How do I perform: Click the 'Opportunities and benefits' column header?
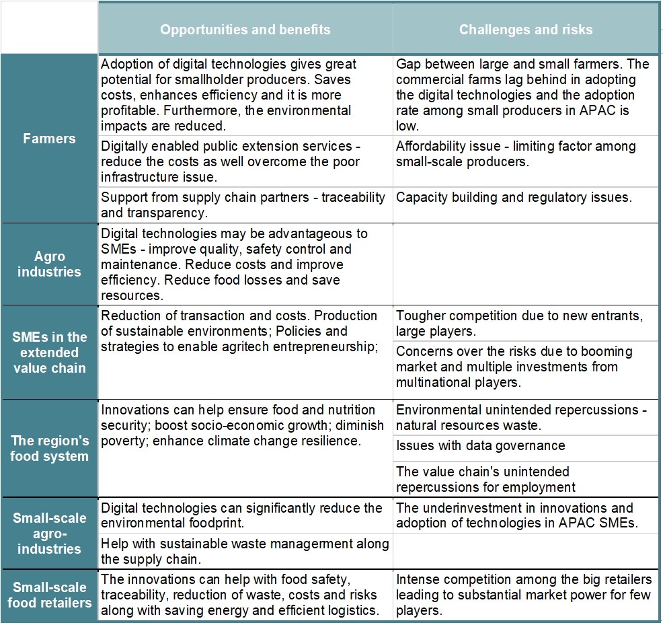[x=245, y=30]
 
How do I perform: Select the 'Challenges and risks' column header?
[x=525, y=30]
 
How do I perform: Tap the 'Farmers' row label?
[x=49, y=139]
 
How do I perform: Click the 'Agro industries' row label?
[x=49, y=264]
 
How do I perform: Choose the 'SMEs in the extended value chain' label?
[x=49, y=353]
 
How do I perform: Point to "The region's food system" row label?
[x=49, y=449]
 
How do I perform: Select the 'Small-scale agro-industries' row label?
[x=49, y=534]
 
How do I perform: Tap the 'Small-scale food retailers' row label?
[x=49, y=595]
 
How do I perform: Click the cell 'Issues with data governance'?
[x=480, y=445]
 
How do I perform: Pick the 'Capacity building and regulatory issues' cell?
[x=514, y=197]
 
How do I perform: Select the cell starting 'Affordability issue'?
[x=515, y=153]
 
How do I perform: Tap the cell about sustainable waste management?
[x=245, y=551]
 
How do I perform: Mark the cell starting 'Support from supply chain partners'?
[x=243, y=205]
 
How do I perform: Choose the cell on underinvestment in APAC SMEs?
[x=515, y=516]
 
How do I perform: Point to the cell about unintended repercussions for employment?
[x=485, y=479]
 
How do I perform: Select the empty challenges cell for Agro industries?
[x=525, y=264]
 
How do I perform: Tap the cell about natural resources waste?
[x=520, y=417]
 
